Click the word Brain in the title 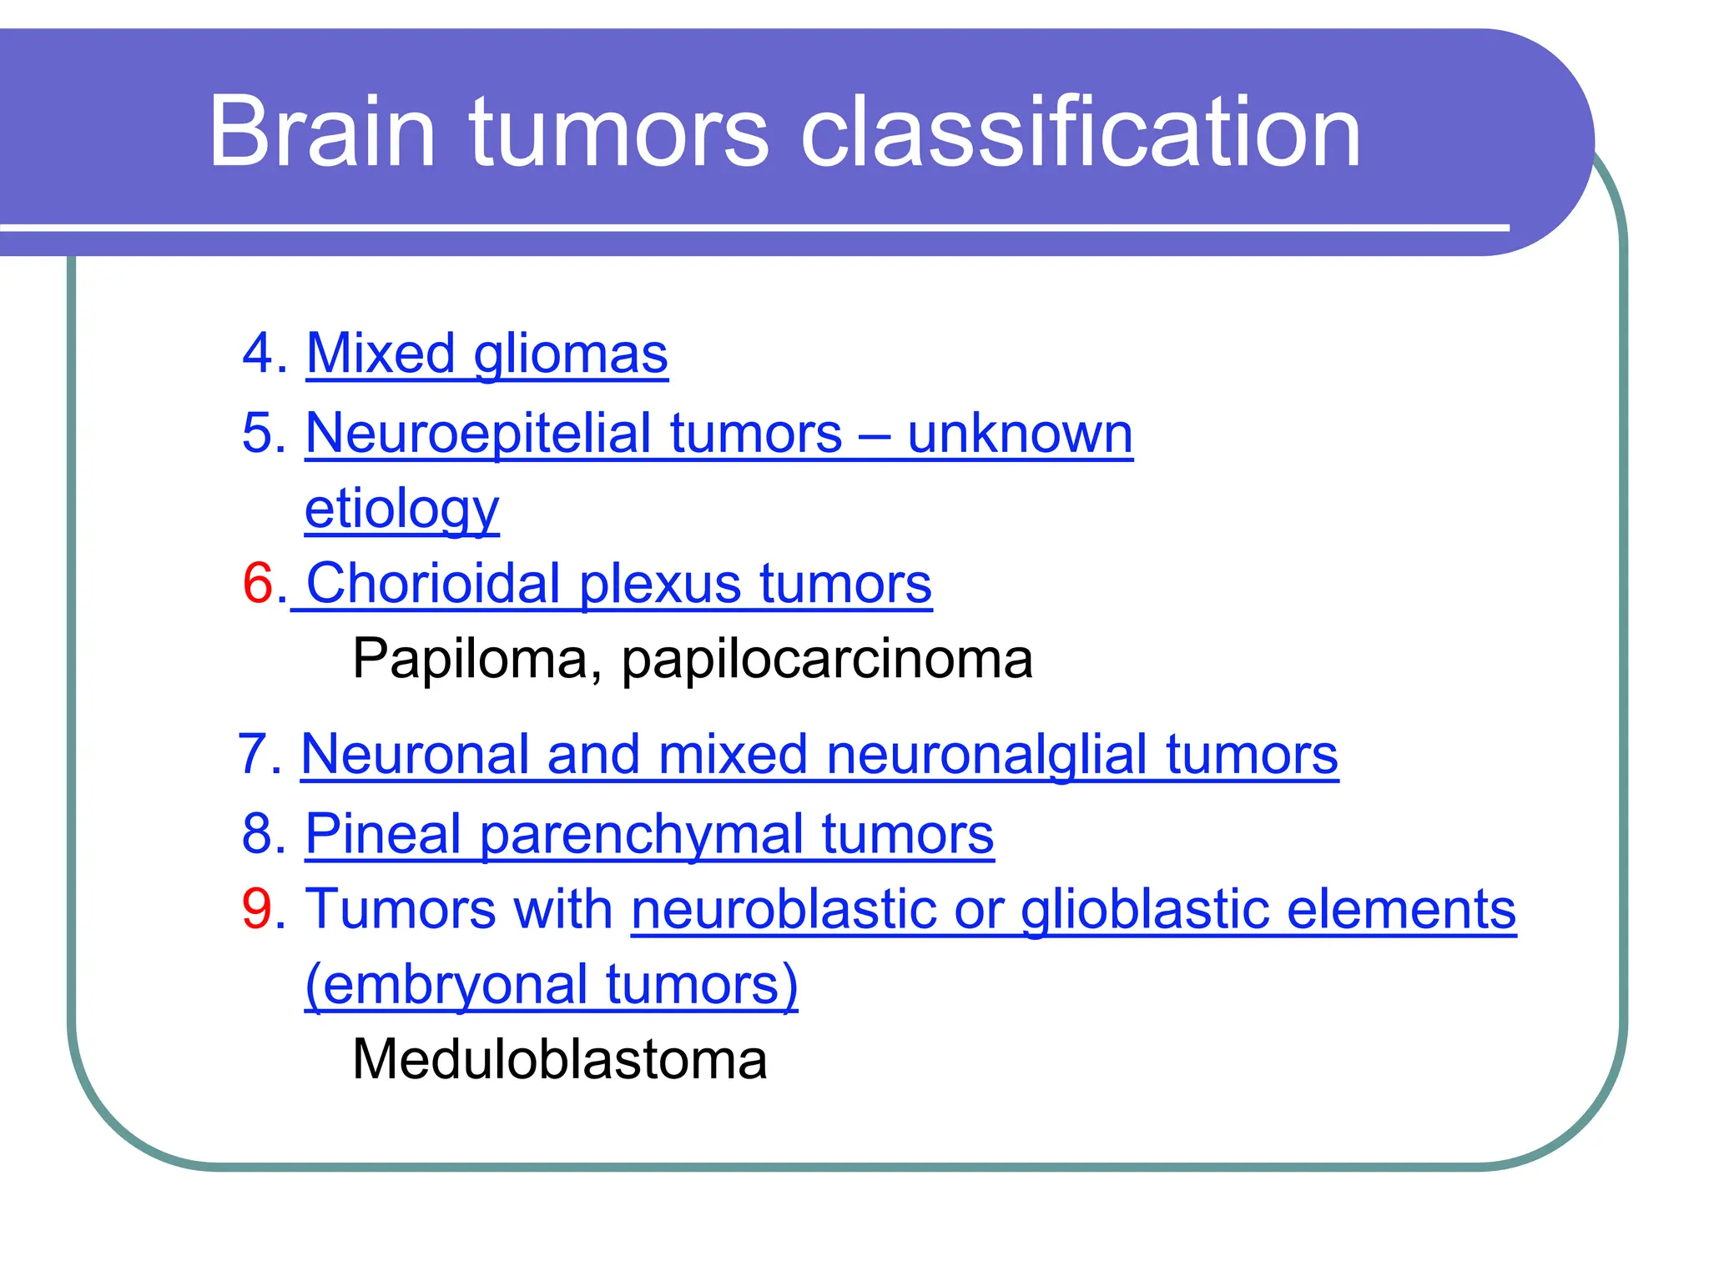point(322,132)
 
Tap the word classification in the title point(1080,132)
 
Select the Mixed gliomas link point(486,354)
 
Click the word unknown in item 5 point(1020,434)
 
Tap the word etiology point(401,509)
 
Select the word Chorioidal point(433,583)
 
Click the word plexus point(659,583)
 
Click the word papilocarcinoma point(826,659)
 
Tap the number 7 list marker point(253,754)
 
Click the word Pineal point(383,833)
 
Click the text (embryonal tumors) point(551,984)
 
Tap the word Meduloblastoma point(559,1060)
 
